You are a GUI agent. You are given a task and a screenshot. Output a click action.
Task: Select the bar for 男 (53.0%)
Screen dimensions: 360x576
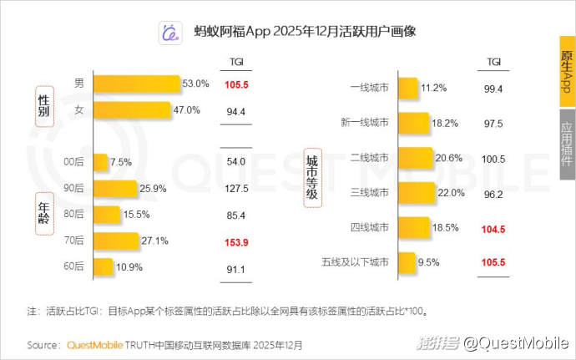137,84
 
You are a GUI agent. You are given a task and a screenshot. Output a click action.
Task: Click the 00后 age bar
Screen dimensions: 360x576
100,162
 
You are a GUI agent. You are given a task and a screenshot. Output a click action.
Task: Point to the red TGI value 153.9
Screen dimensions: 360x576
236,241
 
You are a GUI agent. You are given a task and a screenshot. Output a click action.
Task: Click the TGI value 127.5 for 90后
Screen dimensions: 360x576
236,189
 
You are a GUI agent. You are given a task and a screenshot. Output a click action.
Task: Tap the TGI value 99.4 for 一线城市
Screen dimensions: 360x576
493,89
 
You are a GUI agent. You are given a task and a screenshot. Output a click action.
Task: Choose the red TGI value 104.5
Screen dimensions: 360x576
493,228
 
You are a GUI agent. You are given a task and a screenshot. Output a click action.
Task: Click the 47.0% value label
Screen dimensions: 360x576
186,110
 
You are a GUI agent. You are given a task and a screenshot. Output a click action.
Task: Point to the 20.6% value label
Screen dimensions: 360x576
447,159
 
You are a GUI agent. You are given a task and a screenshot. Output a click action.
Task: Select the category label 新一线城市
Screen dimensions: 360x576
364,124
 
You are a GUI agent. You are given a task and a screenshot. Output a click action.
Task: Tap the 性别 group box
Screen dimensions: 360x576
43,104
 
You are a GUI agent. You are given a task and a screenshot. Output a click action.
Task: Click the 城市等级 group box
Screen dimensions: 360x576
312,176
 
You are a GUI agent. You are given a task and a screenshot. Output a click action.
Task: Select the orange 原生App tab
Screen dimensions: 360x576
567,71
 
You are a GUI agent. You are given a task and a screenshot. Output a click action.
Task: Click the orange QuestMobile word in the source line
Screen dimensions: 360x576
94,344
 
